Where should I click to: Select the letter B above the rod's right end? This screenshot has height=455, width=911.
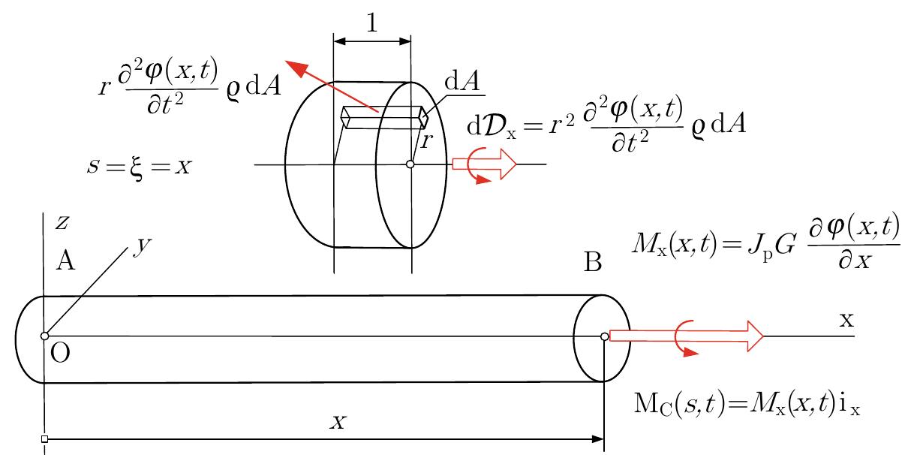594,263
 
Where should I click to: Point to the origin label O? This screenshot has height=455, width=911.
62,354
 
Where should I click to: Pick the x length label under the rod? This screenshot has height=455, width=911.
338,422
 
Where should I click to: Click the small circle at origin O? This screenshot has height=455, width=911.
44,336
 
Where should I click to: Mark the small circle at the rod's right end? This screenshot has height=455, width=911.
604,336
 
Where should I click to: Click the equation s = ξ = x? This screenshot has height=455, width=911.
140,165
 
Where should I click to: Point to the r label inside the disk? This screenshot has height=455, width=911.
425,140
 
